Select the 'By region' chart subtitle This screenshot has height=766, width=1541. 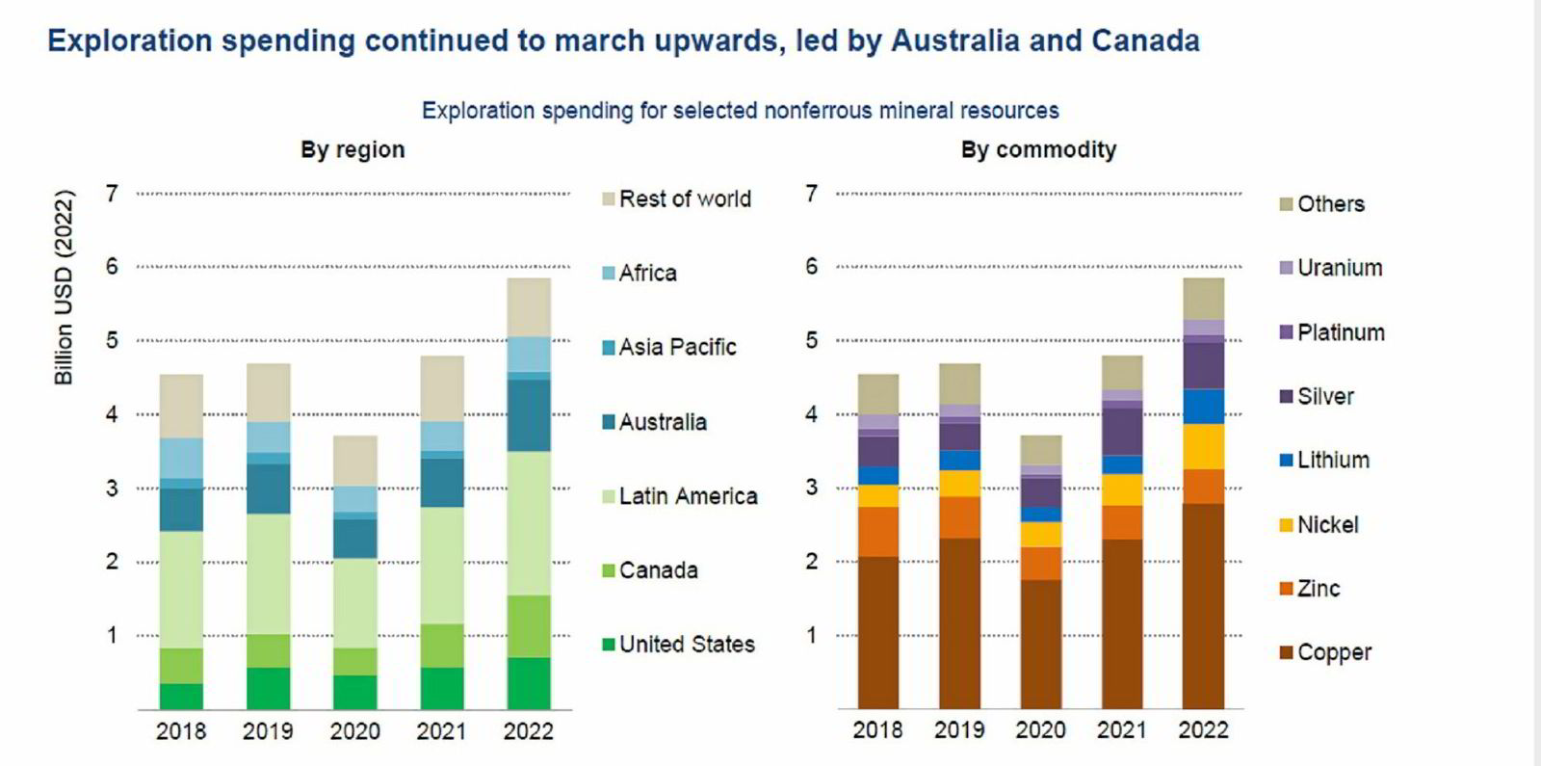353,150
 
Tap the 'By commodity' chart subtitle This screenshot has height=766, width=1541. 1038,150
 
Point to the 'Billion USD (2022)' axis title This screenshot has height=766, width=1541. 64,288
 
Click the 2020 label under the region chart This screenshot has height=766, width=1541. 354,732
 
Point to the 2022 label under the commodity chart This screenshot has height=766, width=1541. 1203,730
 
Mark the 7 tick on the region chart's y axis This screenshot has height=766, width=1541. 113,194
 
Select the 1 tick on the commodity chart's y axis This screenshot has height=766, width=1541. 812,635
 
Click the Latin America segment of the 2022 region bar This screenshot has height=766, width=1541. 529,523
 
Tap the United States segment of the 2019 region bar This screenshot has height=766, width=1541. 268,688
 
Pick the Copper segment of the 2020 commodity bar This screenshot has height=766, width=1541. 1040,644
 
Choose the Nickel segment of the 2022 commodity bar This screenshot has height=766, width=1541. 1203,446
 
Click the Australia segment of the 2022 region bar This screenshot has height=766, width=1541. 529,415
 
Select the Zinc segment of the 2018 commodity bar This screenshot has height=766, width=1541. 877,532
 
